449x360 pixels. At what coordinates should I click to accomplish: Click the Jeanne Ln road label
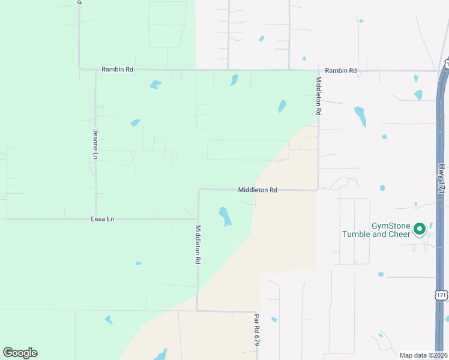[x=95, y=144]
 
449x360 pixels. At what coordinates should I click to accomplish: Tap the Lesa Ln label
[x=102, y=219]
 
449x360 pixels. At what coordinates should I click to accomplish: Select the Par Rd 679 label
[x=256, y=329]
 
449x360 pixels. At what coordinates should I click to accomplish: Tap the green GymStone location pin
[x=420, y=229]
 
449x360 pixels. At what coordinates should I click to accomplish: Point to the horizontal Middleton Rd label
[x=258, y=190]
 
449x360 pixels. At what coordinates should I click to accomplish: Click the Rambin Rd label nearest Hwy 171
[x=342, y=71]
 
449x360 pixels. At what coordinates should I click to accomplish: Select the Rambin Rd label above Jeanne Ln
[x=117, y=70]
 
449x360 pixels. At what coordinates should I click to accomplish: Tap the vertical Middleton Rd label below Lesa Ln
[x=197, y=245]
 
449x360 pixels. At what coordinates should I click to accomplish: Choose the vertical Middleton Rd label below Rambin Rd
[x=319, y=96]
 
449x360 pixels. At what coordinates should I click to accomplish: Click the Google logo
[x=20, y=353]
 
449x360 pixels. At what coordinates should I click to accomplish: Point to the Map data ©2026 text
[x=423, y=355]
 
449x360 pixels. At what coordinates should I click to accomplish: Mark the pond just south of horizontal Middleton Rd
[x=224, y=217]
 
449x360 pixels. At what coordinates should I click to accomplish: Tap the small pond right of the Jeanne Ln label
[x=135, y=123]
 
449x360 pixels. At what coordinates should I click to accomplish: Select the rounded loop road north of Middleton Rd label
[x=248, y=150]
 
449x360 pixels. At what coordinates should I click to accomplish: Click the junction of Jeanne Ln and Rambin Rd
[x=95, y=70]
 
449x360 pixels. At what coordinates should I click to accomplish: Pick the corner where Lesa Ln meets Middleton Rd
[x=198, y=219]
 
